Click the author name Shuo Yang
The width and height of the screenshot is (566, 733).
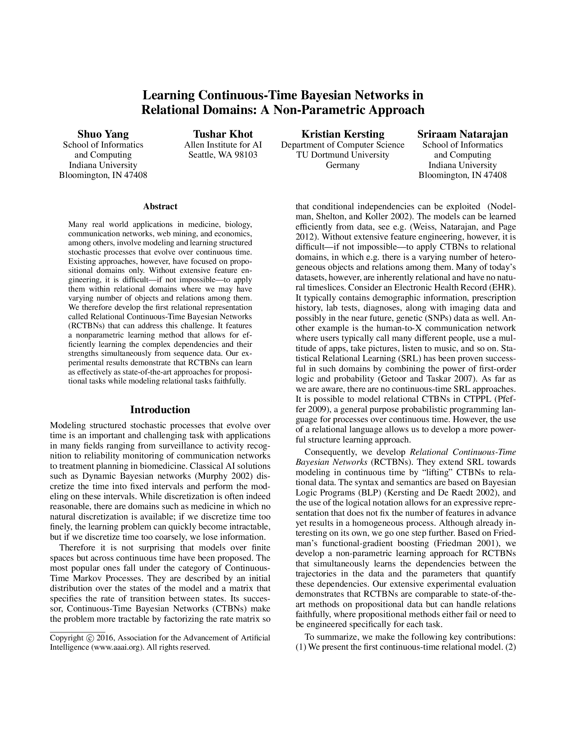coord(103,134)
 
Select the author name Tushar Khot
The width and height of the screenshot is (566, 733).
coord(223,134)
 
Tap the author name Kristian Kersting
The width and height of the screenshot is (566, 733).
coord(342,134)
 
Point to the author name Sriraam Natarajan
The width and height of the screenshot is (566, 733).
coord(462,134)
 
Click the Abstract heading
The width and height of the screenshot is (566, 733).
coord(160,207)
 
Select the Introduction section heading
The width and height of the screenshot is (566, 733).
coord(160,410)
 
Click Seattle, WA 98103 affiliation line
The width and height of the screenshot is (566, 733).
coord(223,155)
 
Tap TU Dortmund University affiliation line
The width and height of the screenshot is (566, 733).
coord(342,155)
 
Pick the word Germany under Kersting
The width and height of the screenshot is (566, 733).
coord(342,165)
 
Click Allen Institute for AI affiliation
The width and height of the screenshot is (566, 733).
coord(223,145)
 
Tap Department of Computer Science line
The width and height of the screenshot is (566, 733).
coord(342,145)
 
